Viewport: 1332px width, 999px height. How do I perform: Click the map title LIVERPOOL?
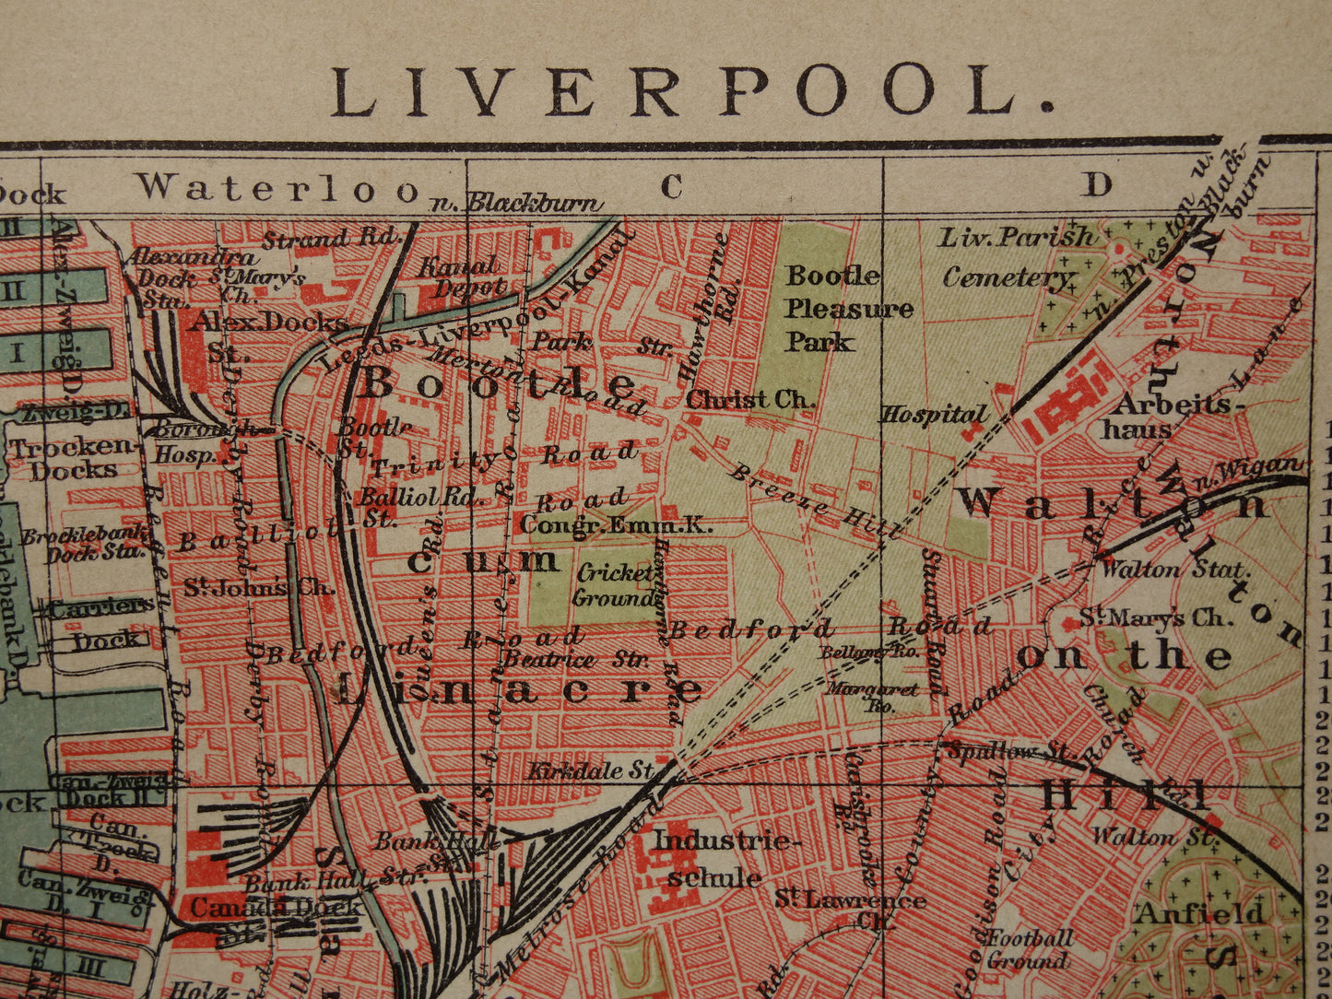tap(691, 91)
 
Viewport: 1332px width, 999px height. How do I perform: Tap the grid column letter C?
tap(671, 186)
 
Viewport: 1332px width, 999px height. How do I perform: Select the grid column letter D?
tap(1096, 185)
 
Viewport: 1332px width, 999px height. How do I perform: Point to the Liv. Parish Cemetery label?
tap(1014, 257)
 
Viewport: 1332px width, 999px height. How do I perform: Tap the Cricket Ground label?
tap(615, 585)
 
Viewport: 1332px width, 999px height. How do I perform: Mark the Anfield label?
tap(1199, 913)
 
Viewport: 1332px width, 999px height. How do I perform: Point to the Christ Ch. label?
tap(750, 400)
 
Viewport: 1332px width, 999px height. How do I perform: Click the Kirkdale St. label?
tap(590, 770)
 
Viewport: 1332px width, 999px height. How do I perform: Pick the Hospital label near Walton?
tap(934, 416)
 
